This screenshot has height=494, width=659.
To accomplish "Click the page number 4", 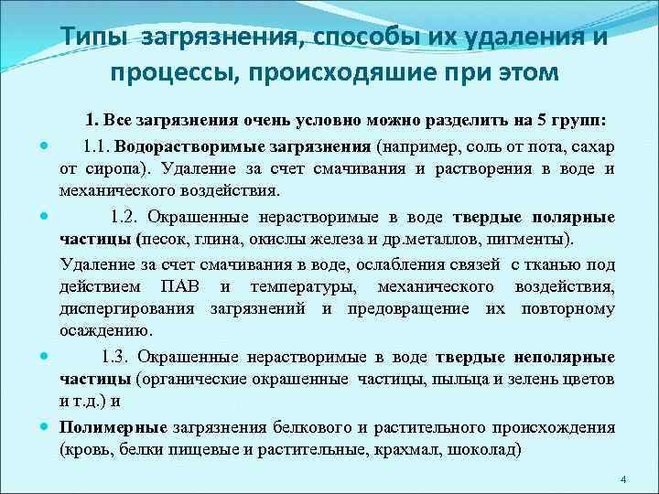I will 622,480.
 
